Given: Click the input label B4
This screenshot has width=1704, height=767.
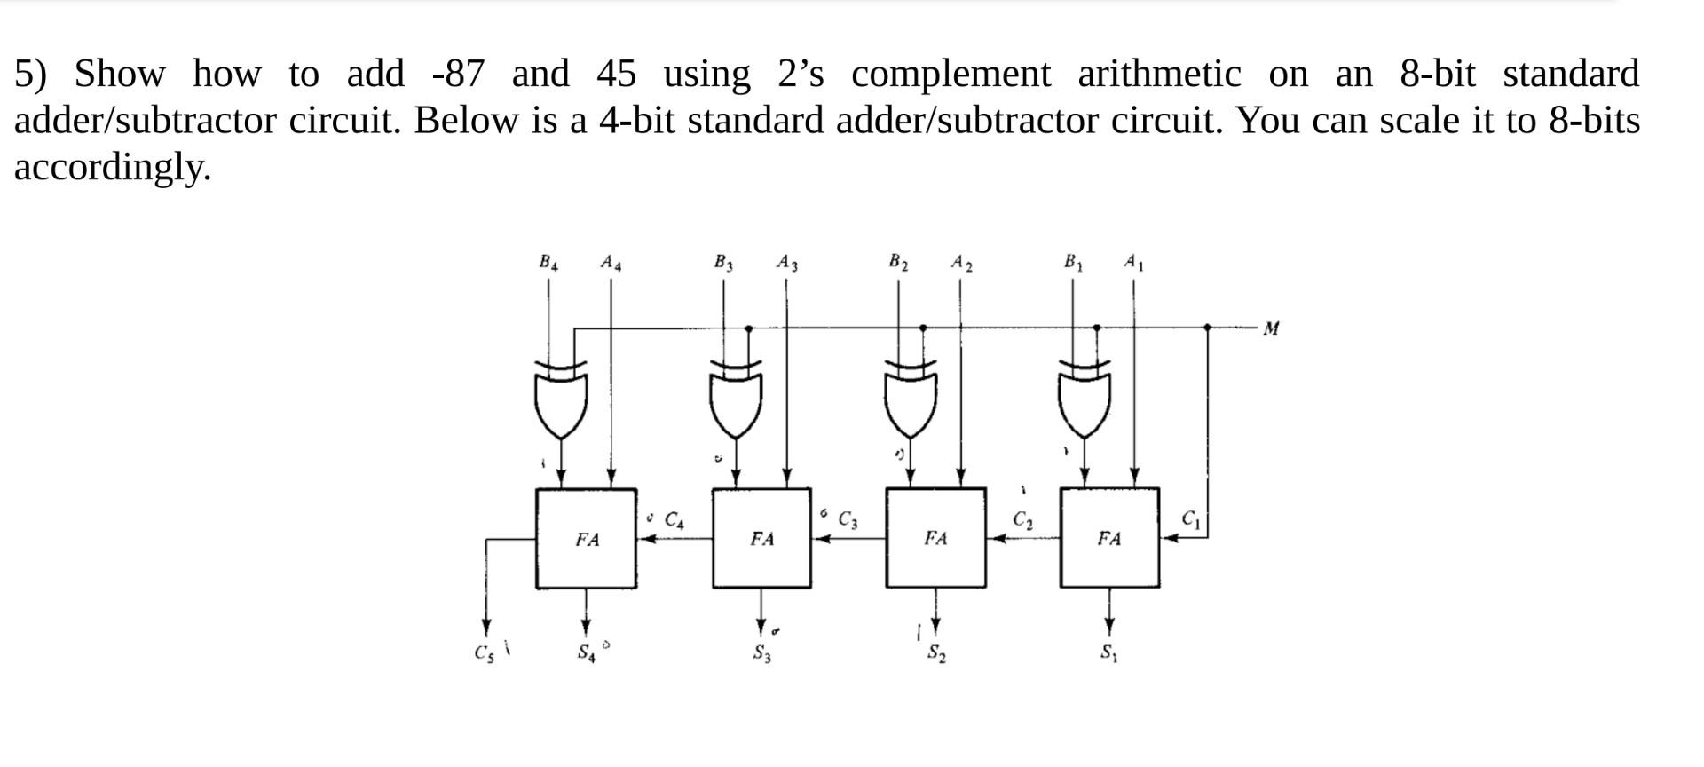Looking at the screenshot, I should click(548, 262).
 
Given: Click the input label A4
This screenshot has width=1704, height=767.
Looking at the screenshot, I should click(611, 262).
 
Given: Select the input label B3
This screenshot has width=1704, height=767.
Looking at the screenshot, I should click(723, 262).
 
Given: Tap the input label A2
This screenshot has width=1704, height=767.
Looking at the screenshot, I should click(961, 262).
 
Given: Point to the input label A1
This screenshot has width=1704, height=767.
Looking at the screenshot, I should click(1133, 262).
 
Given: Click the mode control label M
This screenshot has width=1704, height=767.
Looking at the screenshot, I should click(1271, 328).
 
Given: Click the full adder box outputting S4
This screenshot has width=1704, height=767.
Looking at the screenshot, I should click(586, 538).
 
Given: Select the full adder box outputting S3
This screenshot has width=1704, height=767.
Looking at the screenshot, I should click(761, 538).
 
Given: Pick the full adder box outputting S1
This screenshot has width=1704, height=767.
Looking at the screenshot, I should click(1109, 538).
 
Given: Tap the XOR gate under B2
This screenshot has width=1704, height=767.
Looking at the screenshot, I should click(910, 399).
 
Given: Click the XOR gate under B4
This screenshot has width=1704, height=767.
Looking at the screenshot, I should click(561, 399).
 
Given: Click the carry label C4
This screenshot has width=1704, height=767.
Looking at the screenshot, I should click(674, 519).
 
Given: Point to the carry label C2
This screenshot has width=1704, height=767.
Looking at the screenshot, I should click(1022, 519).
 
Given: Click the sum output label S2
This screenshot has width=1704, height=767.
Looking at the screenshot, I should click(936, 654).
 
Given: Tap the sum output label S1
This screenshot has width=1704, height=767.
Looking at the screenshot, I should click(1109, 654).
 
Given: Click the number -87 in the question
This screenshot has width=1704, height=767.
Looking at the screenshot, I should click(458, 74).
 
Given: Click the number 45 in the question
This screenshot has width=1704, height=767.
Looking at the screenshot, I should click(616, 74).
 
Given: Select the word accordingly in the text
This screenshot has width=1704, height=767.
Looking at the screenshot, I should click(112, 167).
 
